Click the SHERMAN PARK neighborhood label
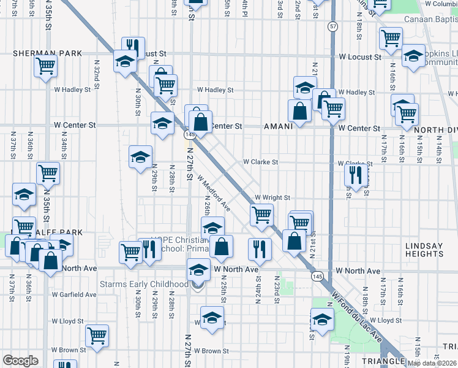37,53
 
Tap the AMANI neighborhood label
279,126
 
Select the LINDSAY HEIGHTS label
424,250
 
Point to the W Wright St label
272,197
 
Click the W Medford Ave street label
214,193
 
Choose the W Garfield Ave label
75,294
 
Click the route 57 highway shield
332,26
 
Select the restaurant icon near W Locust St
133,47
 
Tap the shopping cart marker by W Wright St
261,215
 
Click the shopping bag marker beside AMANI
299,112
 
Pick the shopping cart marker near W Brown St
97,335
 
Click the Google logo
20,361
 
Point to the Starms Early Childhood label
145,284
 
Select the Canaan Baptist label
430,18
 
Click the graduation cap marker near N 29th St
140,156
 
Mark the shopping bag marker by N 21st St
294,240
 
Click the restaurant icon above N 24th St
260,248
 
